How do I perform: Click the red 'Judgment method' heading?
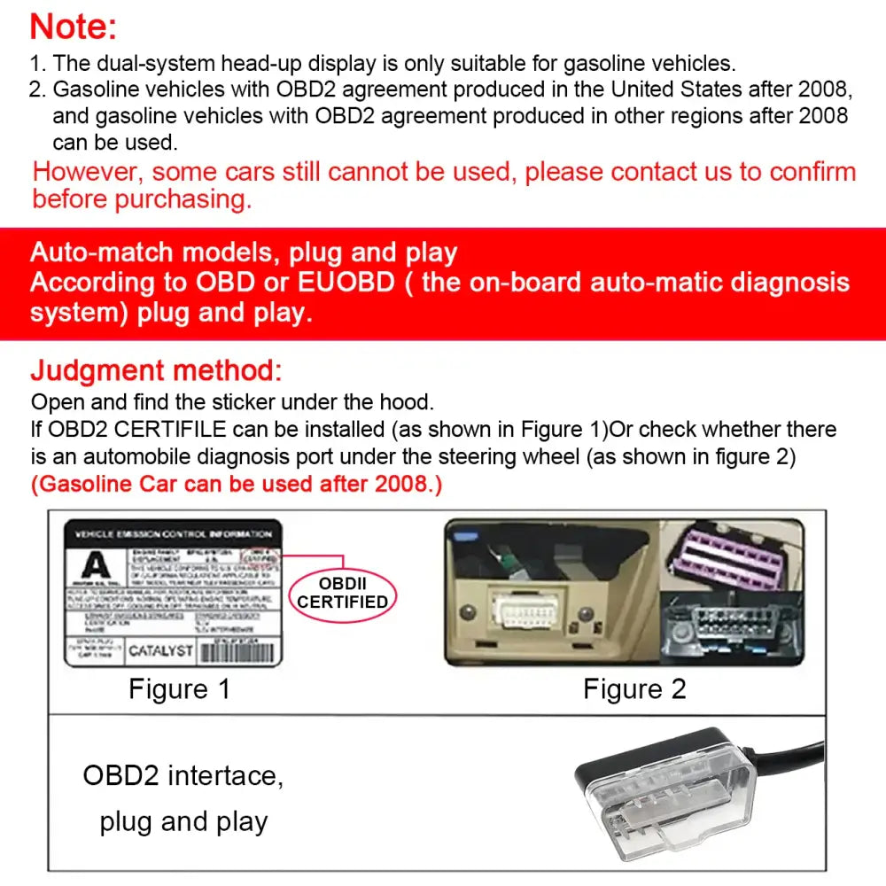[157, 370]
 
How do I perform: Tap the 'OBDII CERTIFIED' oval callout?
[342, 593]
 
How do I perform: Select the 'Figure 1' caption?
[180, 689]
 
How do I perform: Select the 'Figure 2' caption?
[634, 689]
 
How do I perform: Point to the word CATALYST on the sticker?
[160, 651]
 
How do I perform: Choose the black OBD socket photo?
[728, 632]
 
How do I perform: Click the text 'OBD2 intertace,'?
[183, 775]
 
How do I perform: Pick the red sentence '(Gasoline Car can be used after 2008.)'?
[236, 485]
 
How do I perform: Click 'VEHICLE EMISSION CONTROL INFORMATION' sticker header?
[173, 534]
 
